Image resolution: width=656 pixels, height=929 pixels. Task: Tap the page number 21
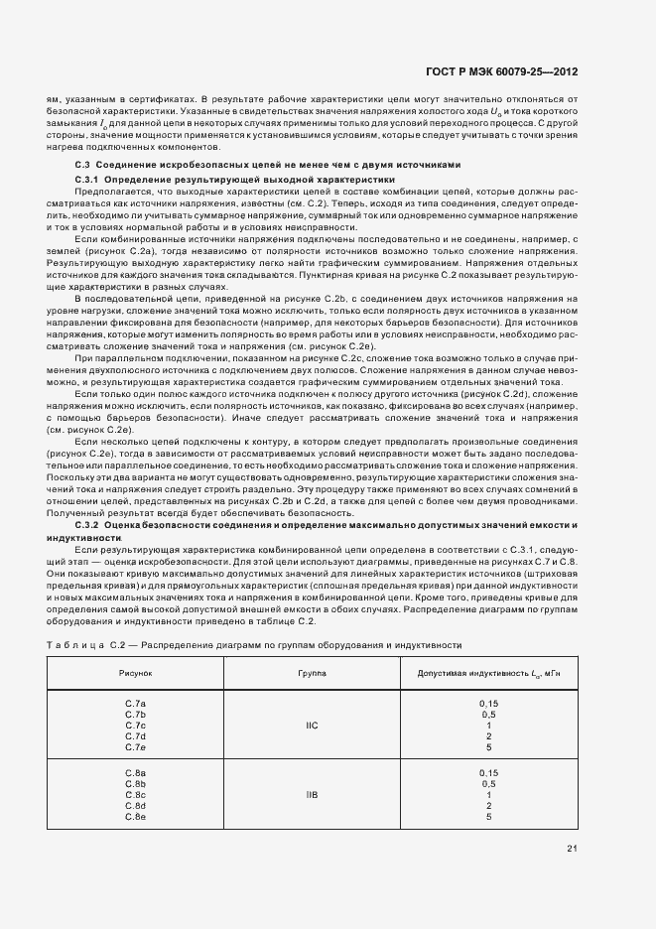pyautogui.click(x=571, y=847)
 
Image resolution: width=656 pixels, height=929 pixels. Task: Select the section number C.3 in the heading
pyautogui.click(x=83, y=164)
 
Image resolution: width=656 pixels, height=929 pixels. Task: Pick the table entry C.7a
pyautogui.click(x=136, y=703)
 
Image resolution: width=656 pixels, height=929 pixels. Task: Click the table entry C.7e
pyautogui.click(x=136, y=746)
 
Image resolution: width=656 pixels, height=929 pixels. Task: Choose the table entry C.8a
pyautogui.click(x=136, y=772)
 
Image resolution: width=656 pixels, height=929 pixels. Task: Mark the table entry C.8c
pyautogui.click(x=136, y=794)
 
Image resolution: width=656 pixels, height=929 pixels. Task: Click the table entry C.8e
pyautogui.click(x=136, y=816)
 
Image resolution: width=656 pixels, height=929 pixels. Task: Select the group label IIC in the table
pyautogui.click(x=312, y=725)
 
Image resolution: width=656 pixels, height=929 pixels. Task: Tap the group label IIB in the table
pyautogui.click(x=312, y=794)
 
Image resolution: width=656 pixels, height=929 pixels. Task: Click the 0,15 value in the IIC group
pyautogui.click(x=488, y=703)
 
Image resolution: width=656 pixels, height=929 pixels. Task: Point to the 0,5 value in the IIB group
pyautogui.click(x=488, y=783)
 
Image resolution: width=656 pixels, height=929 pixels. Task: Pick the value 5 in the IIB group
pyautogui.click(x=488, y=816)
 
